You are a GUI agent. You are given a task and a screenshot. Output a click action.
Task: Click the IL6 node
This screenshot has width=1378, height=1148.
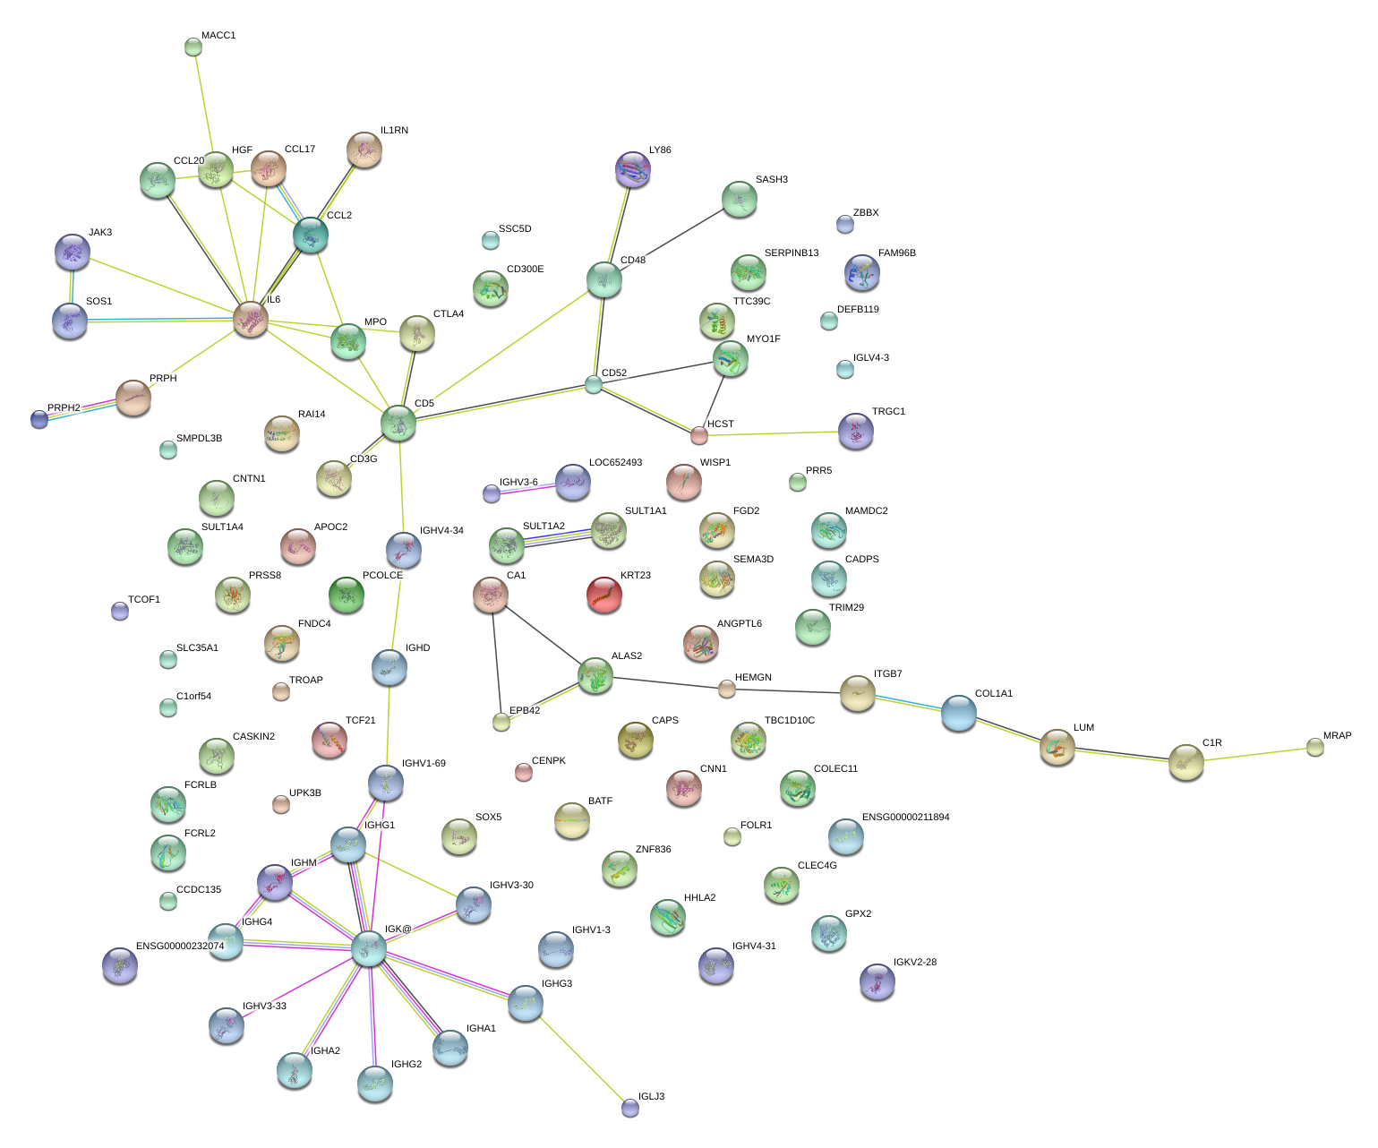[x=251, y=319]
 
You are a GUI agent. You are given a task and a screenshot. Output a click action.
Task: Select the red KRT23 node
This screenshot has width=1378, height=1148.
[x=603, y=595]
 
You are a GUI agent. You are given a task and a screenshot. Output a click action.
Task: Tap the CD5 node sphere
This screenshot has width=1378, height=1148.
[x=398, y=423]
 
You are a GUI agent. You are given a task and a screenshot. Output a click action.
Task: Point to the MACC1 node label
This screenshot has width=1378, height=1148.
[x=218, y=36]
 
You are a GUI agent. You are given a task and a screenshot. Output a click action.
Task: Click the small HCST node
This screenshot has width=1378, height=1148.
[x=699, y=435]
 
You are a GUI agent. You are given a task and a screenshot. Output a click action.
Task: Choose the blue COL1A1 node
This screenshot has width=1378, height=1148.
[x=958, y=713]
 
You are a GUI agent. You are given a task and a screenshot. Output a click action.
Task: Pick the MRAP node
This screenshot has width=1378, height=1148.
[x=1314, y=747]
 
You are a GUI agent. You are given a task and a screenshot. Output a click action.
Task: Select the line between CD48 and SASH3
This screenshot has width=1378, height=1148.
[x=672, y=239]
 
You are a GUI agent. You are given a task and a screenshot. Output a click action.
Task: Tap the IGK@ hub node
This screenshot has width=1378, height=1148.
[x=368, y=947]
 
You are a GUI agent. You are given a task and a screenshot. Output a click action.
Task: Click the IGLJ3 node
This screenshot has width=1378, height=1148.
[x=630, y=1108]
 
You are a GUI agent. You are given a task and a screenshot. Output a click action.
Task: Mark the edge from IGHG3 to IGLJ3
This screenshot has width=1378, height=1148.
[x=578, y=1056]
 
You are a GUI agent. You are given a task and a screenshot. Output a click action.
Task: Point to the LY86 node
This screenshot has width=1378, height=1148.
[x=634, y=169]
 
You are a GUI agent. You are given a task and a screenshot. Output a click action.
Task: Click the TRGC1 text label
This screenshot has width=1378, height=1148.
[x=888, y=412]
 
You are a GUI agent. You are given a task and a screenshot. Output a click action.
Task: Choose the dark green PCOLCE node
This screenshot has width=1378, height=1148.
[x=347, y=595]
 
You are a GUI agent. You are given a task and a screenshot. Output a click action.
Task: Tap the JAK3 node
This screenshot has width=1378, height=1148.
[x=72, y=252]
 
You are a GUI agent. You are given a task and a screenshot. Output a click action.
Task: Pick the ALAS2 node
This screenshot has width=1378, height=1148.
[x=595, y=676]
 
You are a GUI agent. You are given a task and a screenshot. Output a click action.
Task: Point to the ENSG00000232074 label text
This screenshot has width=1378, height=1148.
[x=180, y=946]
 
